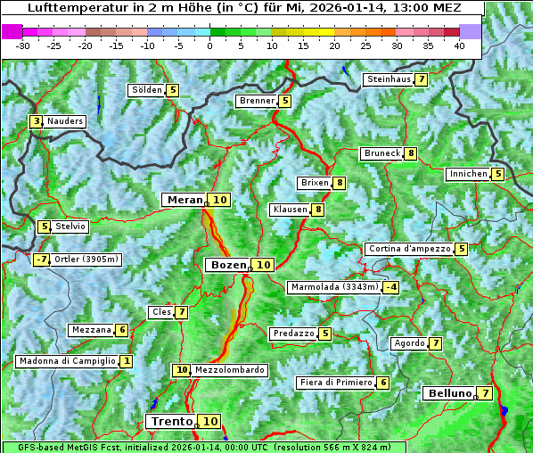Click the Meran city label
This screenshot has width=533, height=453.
click(x=184, y=200)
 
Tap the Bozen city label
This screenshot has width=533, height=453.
click(x=227, y=265)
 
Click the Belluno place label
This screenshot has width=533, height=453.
click(x=448, y=393)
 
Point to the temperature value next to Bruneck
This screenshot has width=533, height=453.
click(x=410, y=153)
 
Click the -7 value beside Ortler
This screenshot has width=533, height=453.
click(x=41, y=259)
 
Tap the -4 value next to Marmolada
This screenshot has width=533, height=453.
click(x=390, y=287)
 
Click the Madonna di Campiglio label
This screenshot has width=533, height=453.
click(x=67, y=361)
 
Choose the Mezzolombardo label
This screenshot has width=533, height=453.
click(x=229, y=370)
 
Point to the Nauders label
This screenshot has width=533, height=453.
click(x=65, y=121)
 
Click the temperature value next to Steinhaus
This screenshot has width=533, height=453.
click(x=421, y=79)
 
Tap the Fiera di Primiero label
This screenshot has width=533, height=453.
click(x=335, y=383)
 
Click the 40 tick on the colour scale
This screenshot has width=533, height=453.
click(x=459, y=45)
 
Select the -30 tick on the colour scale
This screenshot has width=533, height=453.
click(x=23, y=45)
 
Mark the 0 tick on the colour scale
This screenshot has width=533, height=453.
click(x=209, y=45)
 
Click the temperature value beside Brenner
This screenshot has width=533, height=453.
click(x=285, y=101)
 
